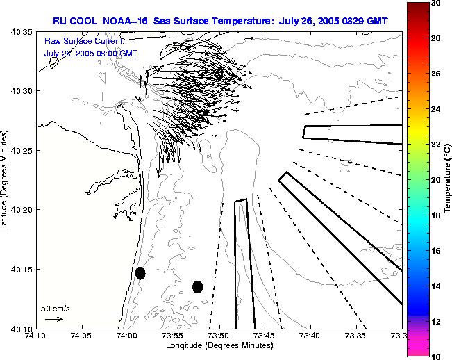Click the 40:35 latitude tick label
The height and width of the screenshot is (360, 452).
(22, 32)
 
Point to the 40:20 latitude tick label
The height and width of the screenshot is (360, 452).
(22, 210)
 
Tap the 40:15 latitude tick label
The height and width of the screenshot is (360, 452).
(22, 269)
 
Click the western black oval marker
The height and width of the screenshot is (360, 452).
(140, 273)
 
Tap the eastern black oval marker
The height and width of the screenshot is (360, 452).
(198, 286)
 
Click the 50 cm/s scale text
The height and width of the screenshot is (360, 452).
(56, 308)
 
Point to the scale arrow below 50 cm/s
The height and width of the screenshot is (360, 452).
(53, 319)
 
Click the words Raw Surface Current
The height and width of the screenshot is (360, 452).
(83, 42)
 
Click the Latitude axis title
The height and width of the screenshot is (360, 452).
(5, 179)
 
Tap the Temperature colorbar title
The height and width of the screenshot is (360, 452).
(448, 179)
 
